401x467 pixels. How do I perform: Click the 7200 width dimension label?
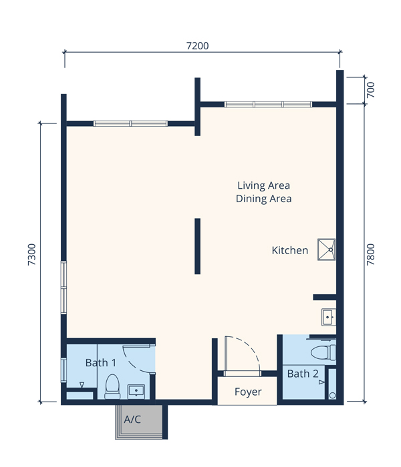[x=198, y=46]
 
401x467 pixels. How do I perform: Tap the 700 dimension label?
[x=370, y=89]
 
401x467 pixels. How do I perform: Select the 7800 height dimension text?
[x=370, y=255]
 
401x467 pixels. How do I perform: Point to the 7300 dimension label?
[x=31, y=255]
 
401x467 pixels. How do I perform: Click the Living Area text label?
[x=263, y=185]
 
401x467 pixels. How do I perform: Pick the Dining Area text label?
[x=263, y=199]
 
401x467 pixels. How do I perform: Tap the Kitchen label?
[x=289, y=250]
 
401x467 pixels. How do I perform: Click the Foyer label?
[x=248, y=392]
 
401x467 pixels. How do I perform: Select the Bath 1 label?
[x=100, y=363]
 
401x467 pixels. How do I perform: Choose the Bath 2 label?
[x=303, y=374]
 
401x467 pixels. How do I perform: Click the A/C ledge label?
[x=132, y=420]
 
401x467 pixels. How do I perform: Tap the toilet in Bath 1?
[x=112, y=387]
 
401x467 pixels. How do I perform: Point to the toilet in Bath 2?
[x=323, y=353]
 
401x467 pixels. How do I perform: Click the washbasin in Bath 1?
[x=136, y=392]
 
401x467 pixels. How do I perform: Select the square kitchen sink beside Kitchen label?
[x=326, y=250]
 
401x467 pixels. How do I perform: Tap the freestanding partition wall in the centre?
[x=198, y=246]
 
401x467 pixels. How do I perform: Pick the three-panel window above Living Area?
[x=268, y=104]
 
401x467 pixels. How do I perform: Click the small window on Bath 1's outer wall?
[x=63, y=370]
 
